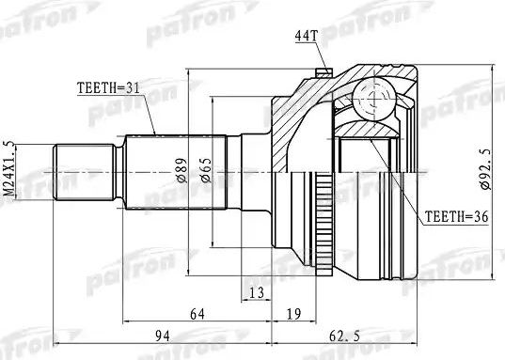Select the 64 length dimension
pos(198,314)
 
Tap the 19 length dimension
pos(292,314)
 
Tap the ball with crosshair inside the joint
pos(375,97)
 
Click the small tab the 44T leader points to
pos(325,70)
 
